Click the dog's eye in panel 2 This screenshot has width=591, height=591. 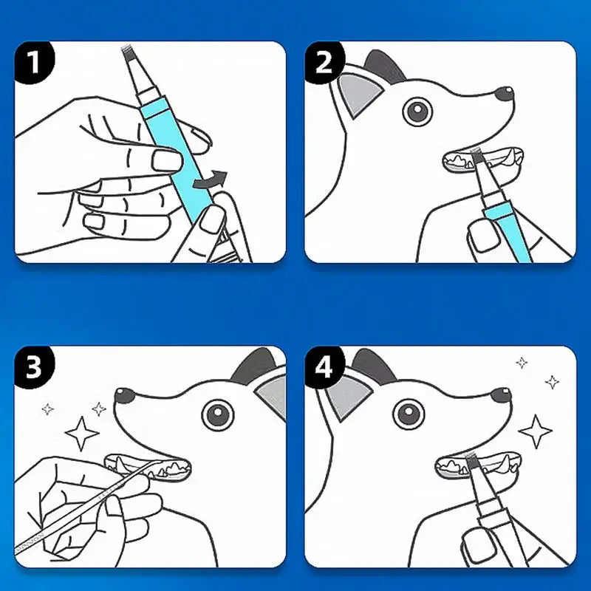[x=417, y=112]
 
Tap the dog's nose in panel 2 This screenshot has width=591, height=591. [x=504, y=94]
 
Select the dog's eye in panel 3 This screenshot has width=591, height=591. [x=219, y=414]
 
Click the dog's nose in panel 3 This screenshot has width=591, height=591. [x=124, y=397]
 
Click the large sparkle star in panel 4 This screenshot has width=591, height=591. [x=536, y=431]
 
